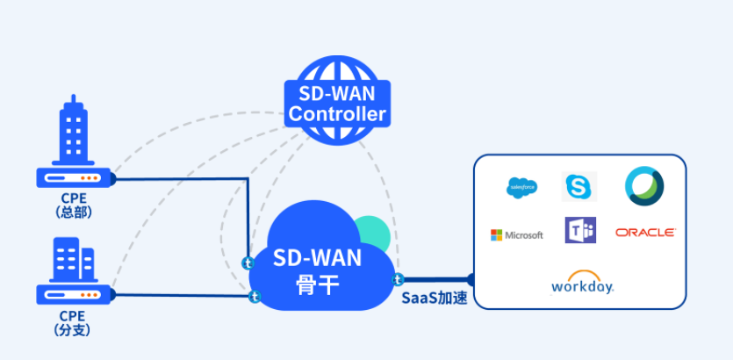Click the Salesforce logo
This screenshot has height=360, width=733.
click(522, 186)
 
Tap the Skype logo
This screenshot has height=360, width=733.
click(578, 186)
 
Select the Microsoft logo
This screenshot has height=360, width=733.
click(517, 234)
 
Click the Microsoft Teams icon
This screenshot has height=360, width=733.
click(579, 231)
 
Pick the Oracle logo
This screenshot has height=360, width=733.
click(645, 233)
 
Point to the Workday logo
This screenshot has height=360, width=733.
click(582, 283)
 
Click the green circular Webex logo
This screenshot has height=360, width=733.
click(644, 185)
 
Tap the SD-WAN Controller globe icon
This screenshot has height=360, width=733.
click(337, 97)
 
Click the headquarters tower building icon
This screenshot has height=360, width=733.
click(73, 132)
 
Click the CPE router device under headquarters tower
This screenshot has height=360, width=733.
click(74, 178)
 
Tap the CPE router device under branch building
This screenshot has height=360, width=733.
click(74, 292)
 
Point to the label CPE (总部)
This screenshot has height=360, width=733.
click(74, 205)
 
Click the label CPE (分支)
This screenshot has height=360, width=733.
click(74, 322)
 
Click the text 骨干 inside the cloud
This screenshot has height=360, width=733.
click(317, 284)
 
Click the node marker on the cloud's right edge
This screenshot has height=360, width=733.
click(398, 279)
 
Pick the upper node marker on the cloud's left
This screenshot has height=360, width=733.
click(248, 263)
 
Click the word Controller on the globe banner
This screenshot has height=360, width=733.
click(337, 114)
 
